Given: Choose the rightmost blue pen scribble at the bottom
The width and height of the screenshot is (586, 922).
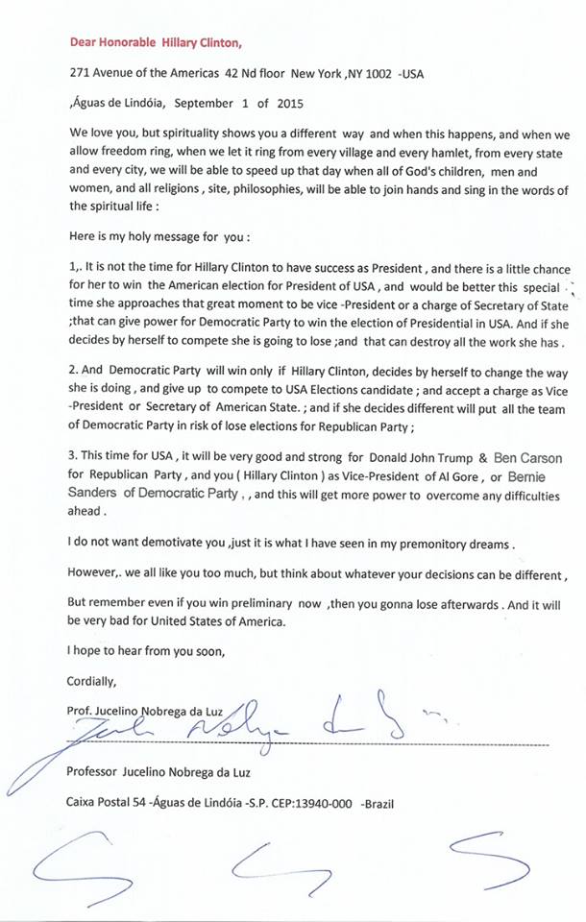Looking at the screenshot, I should (485, 866).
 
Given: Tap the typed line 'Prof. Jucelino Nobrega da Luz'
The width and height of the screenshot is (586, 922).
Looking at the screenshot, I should (150, 710).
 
